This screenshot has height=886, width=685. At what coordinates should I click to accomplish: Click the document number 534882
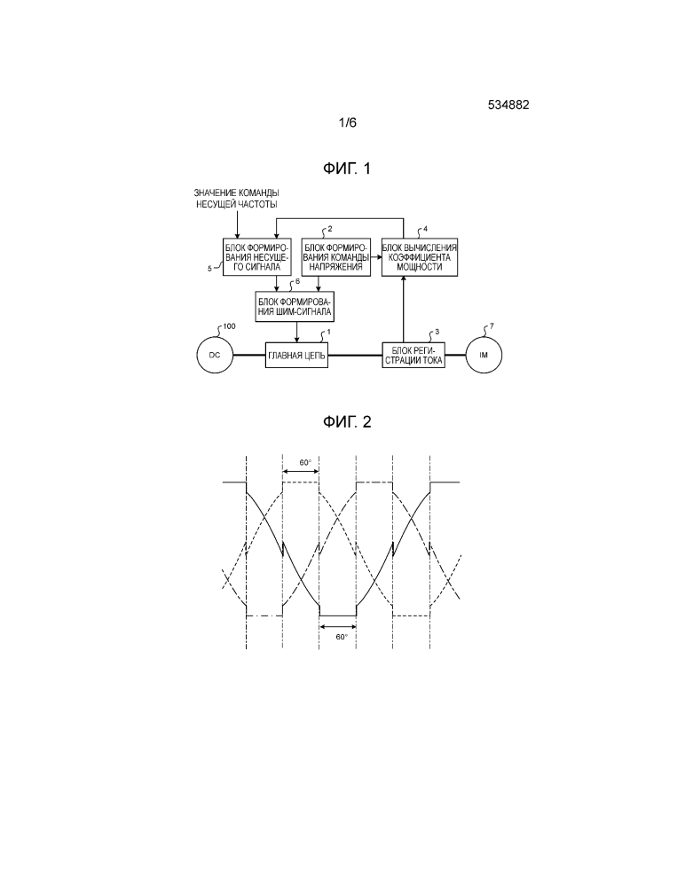click(508, 105)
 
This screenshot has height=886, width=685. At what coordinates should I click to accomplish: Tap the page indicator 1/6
click(348, 123)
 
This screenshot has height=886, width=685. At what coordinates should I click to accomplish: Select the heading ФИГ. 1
click(347, 169)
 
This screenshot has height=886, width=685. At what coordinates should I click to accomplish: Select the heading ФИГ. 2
click(347, 421)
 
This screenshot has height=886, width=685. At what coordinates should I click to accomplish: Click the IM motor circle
click(484, 356)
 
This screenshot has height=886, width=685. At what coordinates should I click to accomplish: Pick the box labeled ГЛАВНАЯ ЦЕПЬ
click(297, 356)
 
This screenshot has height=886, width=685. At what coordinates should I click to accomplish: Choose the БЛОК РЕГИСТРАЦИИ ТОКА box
click(413, 356)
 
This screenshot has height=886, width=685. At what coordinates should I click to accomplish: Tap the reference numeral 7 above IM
click(492, 326)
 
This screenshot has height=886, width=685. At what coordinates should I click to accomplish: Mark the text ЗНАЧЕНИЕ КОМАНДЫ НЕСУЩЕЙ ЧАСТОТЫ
click(237, 200)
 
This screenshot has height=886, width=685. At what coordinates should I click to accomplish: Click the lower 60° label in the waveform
click(340, 636)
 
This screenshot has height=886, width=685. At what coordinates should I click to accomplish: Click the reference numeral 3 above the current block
click(435, 332)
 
